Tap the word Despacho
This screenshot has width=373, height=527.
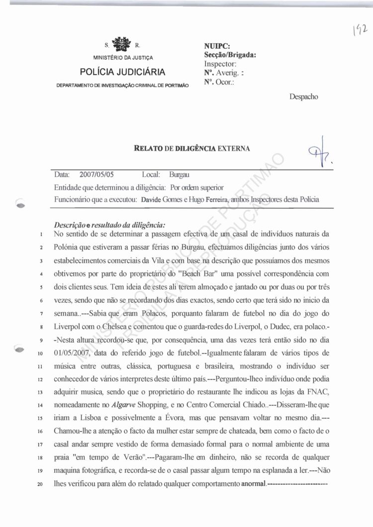tap(303, 97)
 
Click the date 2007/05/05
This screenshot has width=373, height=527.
tap(96, 175)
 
